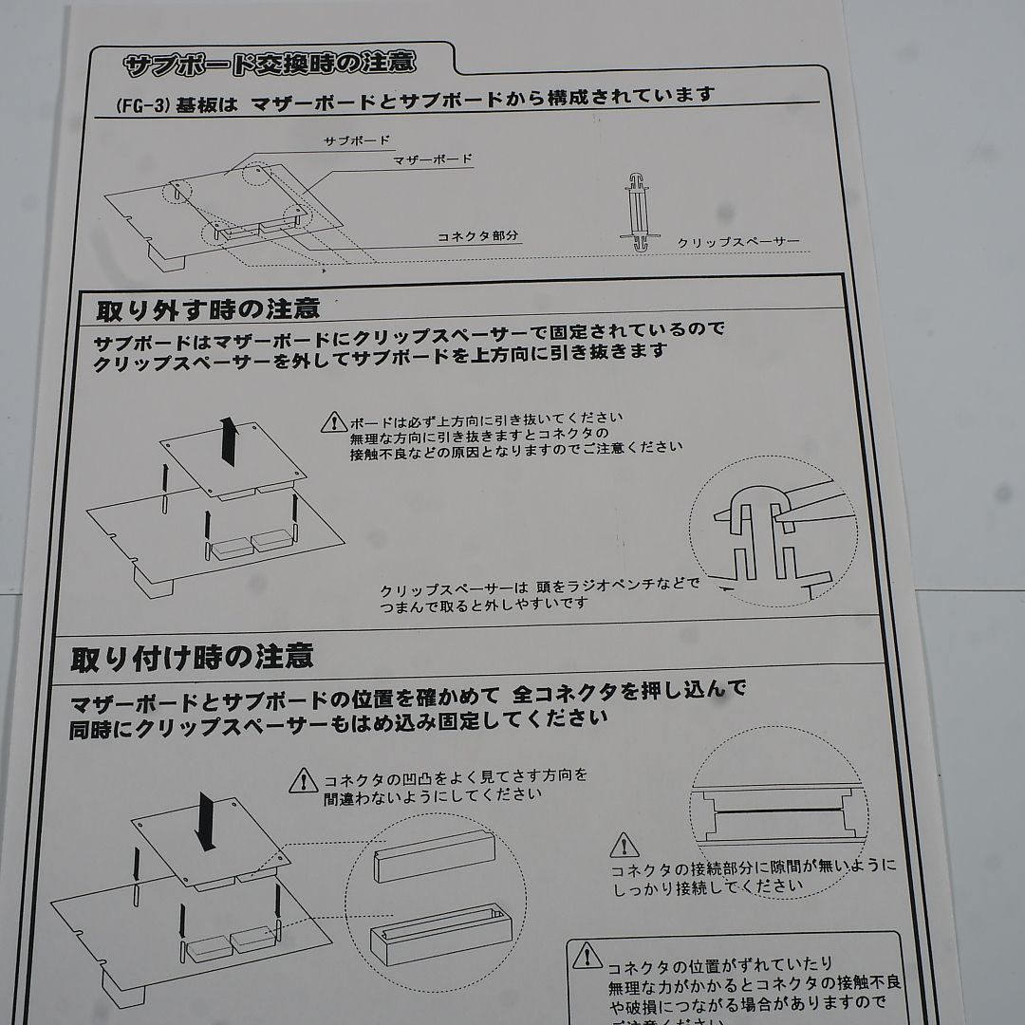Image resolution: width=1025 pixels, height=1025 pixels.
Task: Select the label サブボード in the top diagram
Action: tap(356, 140)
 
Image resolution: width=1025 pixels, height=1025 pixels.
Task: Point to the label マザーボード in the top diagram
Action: tap(432, 159)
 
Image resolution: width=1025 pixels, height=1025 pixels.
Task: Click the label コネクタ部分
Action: tap(478, 235)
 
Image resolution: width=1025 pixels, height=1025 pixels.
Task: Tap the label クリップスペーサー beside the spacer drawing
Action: tap(737, 242)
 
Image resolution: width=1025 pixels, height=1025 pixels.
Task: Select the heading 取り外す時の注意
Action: tap(208, 309)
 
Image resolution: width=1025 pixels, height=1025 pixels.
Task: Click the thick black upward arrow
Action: tap(228, 442)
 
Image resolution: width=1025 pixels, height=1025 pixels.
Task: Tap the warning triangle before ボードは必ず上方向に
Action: tap(334, 420)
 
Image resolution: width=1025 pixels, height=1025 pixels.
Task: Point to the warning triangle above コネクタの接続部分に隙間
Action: tap(624, 844)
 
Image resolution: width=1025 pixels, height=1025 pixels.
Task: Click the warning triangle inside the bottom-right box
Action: tap(587, 954)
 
